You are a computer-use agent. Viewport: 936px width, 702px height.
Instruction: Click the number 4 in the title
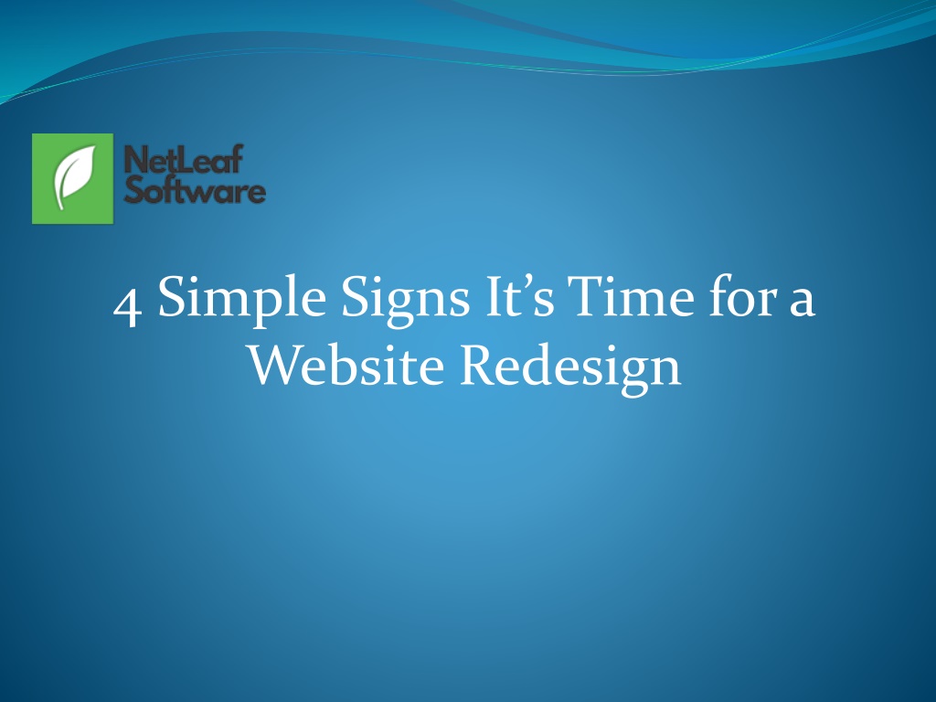(127, 305)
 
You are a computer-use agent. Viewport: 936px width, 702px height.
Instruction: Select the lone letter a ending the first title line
(802, 302)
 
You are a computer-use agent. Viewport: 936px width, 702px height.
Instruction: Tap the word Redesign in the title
(570, 367)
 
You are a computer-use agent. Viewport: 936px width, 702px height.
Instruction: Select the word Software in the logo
(195, 189)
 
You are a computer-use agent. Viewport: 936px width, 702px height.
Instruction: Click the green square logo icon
(72, 178)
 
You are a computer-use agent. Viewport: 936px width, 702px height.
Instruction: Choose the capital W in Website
(276, 366)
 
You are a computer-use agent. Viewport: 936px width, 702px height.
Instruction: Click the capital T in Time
(586, 297)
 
